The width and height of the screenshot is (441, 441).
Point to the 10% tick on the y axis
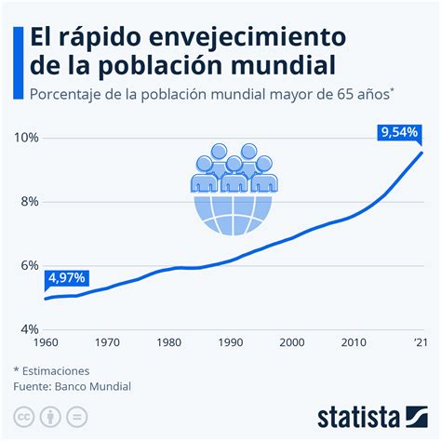tap(26, 138)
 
